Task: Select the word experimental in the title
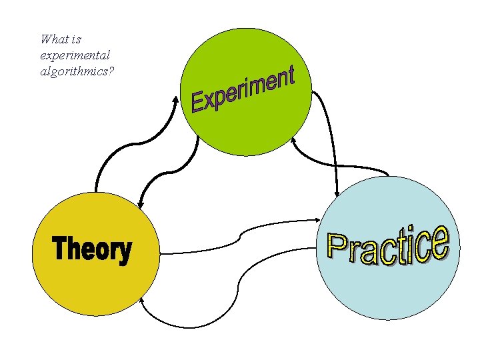(75, 55)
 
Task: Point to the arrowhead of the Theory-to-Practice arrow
(317, 219)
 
